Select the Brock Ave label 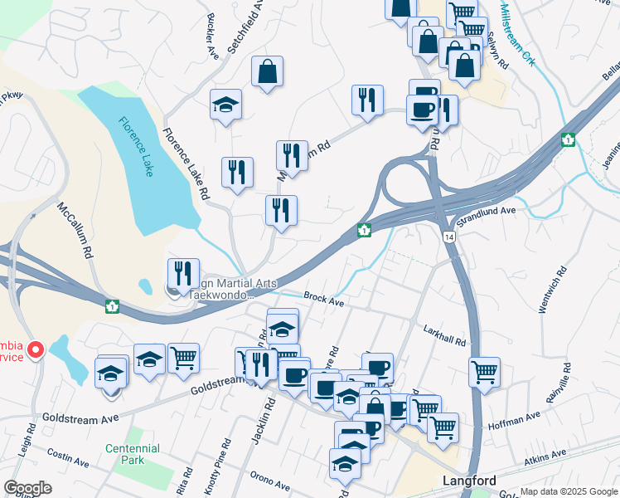click(x=323, y=300)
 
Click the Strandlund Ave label click(x=487, y=217)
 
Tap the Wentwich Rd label click(x=552, y=290)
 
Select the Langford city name click(x=469, y=481)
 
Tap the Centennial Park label click(x=132, y=454)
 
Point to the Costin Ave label click(x=68, y=457)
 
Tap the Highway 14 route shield click(x=448, y=237)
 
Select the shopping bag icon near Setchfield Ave click(x=268, y=72)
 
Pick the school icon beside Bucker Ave click(x=225, y=105)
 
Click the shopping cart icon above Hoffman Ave click(x=484, y=372)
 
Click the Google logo click(x=27, y=487)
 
